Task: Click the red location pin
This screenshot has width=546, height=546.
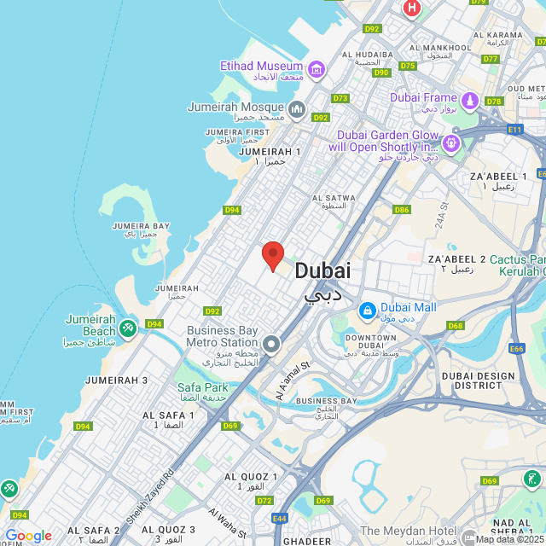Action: (x=272, y=255)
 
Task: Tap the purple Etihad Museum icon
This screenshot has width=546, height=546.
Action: (x=317, y=68)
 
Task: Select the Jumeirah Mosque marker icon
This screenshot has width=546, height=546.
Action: (x=296, y=108)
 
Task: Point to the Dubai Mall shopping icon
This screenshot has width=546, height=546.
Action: (x=367, y=311)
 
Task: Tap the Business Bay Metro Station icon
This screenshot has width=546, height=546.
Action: (x=271, y=344)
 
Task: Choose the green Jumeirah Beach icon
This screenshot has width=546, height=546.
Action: (x=127, y=327)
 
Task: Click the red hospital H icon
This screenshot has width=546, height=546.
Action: (x=412, y=9)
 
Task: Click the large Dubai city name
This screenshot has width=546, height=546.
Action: (x=322, y=271)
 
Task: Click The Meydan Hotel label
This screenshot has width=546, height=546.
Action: (x=409, y=531)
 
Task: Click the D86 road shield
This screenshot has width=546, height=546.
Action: (x=401, y=210)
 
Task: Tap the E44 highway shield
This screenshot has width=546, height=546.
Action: (x=280, y=518)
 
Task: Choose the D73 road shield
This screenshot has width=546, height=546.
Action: (x=340, y=98)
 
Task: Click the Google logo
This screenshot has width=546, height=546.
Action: (x=28, y=535)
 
